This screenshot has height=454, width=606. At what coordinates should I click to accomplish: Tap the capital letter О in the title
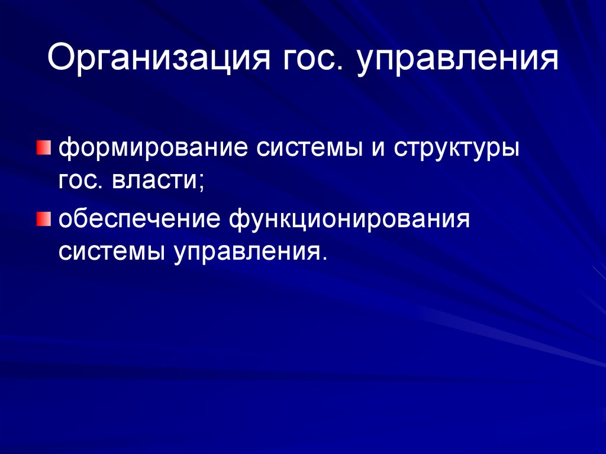59,59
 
